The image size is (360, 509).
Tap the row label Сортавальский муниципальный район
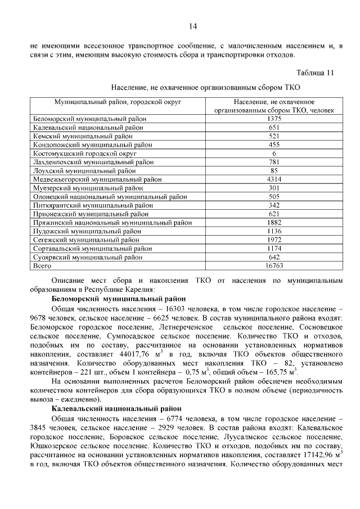point(92,248)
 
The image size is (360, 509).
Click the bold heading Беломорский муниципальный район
point(119,299)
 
